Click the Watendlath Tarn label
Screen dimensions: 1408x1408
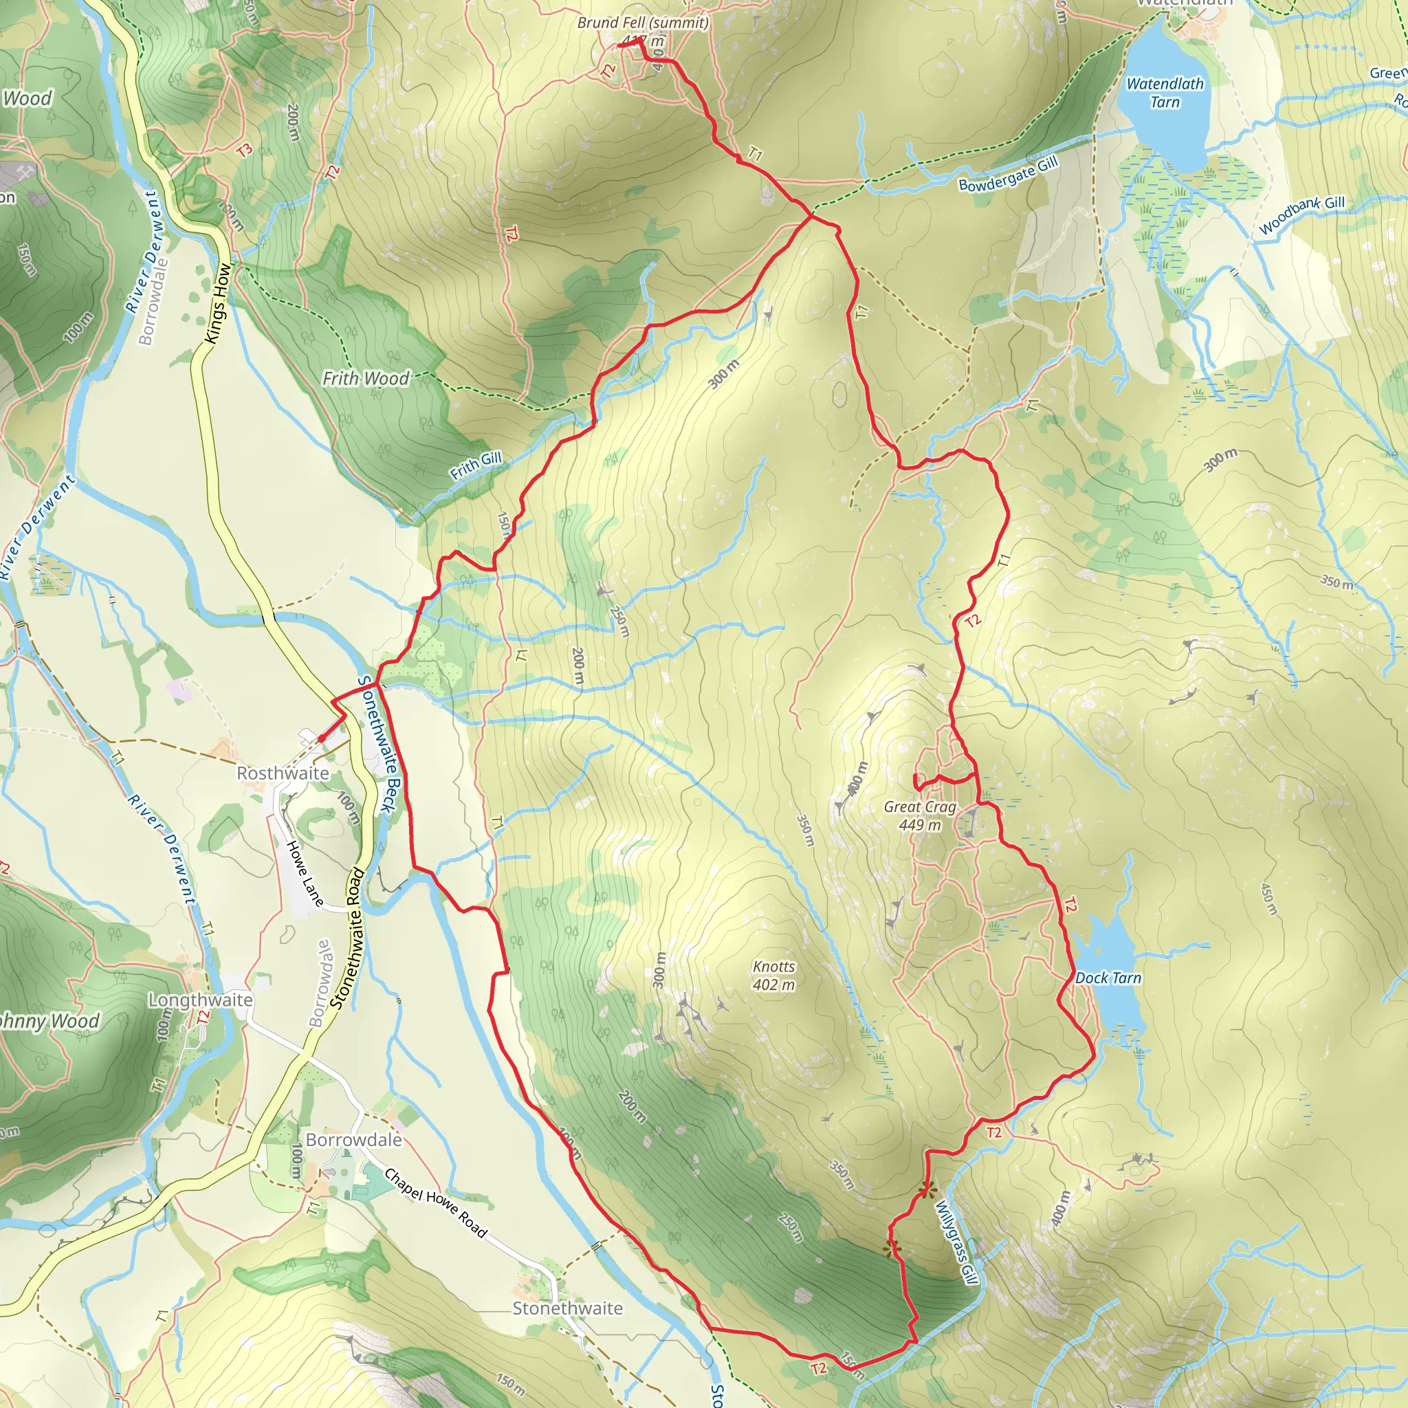pyautogui.click(x=1165, y=93)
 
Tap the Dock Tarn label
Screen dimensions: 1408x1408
pyautogui.click(x=1108, y=978)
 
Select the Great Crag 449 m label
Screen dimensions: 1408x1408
pyautogui.click(x=920, y=815)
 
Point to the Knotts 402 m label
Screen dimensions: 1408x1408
pyautogui.click(x=774, y=975)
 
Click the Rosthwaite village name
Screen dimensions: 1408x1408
pyautogui.click(x=283, y=773)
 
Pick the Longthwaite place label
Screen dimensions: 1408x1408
pyautogui.click(x=201, y=1000)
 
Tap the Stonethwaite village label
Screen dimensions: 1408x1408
pyautogui.click(x=568, y=1308)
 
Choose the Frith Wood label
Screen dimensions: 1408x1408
pyautogui.click(x=366, y=378)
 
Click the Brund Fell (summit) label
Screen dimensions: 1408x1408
pyautogui.click(x=643, y=23)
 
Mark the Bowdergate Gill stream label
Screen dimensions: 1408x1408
pyautogui.click(x=1008, y=175)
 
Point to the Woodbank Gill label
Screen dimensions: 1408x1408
pyautogui.click(x=1301, y=215)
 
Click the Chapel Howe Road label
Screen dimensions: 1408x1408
pyautogui.click(x=435, y=1203)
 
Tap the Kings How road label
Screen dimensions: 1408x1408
pyautogui.click(x=218, y=303)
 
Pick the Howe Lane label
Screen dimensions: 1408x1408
pyautogui.click(x=305, y=873)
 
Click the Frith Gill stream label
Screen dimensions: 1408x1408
pyautogui.click(x=476, y=465)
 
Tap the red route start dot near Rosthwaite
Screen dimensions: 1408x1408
pyautogui.click(x=321, y=739)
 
